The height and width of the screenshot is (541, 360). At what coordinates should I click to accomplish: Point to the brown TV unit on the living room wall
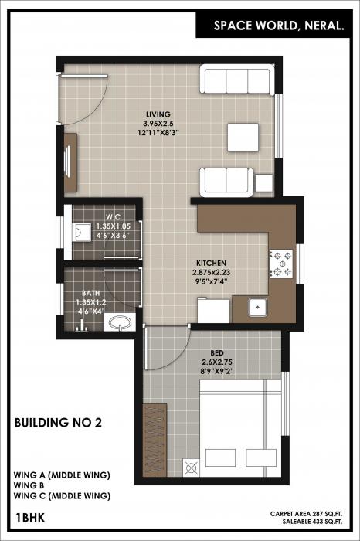tap(69, 162)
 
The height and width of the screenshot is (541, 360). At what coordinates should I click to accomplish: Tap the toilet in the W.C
tap(80, 233)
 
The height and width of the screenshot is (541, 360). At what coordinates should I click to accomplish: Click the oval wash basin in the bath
tap(119, 323)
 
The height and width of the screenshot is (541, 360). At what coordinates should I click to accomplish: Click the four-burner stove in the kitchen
tap(279, 264)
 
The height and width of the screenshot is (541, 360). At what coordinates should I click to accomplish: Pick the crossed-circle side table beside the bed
tap(191, 465)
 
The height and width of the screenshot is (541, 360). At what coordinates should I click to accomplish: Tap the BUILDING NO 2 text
tap(58, 423)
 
